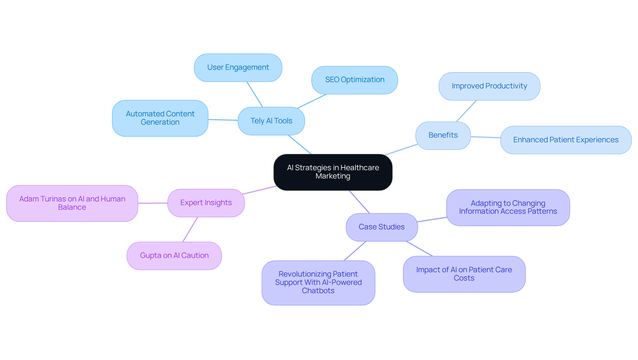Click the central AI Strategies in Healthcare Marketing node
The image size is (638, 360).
pyautogui.click(x=333, y=172)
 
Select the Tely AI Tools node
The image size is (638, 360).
pyautogui.click(x=271, y=121)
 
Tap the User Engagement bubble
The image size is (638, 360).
pyautogui.click(x=238, y=67)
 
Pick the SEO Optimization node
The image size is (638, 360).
pyautogui.click(x=355, y=80)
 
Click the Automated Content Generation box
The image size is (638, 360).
pyautogui.click(x=160, y=118)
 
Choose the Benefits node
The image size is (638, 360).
pyautogui.click(x=443, y=135)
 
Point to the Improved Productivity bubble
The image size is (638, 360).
pyautogui.click(x=489, y=86)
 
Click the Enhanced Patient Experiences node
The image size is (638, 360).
pyautogui.click(x=566, y=140)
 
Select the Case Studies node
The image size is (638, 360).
pyautogui.click(x=381, y=227)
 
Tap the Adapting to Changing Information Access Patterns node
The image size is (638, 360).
pyautogui.click(x=508, y=207)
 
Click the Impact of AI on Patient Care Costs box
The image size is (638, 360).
pyautogui.click(x=464, y=274)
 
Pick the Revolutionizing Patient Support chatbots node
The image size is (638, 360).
pyautogui.click(x=318, y=283)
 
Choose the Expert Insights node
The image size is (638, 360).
pyautogui.click(x=206, y=203)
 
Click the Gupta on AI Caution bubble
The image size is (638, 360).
pyautogui.click(x=174, y=256)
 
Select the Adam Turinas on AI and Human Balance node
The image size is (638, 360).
pyautogui.click(x=72, y=203)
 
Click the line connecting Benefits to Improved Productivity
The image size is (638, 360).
pyautogui.click(x=466, y=111)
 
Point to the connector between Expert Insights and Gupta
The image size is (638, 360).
pyautogui.click(x=190, y=229)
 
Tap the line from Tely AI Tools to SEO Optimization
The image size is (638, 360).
pyautogui.click(x=312, y=101)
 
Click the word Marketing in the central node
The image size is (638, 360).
pyautogui.click(x=333, y=176)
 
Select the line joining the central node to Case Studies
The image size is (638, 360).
pyautogui.click(x=359, y=202)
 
